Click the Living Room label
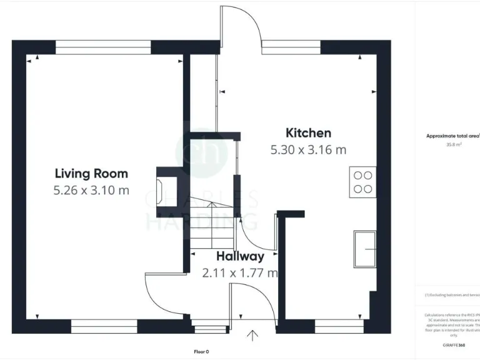pyautogui.click(x=91, y=173)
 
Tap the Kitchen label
pyautogui.click(x=308, y=132)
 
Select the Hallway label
pyautogui.click(x=240, y=256)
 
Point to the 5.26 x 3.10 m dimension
pyautogui.click(x=91, y=190)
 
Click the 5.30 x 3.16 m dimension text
pyautogui.click(x=308, y=149)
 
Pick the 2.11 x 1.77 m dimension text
pyautogui.click(x=240, y=272)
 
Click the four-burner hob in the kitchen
pyautogui.click(x=364, y=181)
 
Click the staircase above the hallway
pyautogui.click(x=211, y=225)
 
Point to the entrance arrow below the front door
pyautogui.click(x=252, y=337)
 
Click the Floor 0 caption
pyautogui.click(x=201, y=351)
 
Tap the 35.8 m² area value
pyautogui.click(x=453, y=144)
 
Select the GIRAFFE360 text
pyautogui.click(x=454, y=344)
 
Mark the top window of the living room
pyautogui.click(x=103, y=44)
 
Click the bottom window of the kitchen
pyautogui.click(x=338, y=326)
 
